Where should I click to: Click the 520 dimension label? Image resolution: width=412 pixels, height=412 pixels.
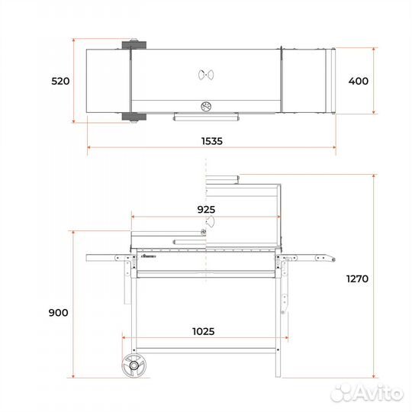point(60,81)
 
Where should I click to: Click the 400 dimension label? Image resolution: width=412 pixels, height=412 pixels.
point(359,81)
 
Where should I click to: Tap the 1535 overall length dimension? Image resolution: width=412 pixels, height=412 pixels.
point(212,141)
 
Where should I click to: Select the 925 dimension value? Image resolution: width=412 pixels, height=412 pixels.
point(206,209)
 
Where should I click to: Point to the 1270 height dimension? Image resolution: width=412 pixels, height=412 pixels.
point(357,278)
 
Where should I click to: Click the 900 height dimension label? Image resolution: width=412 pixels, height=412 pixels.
point(58,313)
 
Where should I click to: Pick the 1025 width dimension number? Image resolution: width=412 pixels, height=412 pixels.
point(204,332)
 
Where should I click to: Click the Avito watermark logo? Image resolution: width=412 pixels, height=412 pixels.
point(367,393)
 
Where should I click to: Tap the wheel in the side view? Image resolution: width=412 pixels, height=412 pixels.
point(134,365)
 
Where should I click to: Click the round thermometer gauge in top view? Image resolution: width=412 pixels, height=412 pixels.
point(206,107)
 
